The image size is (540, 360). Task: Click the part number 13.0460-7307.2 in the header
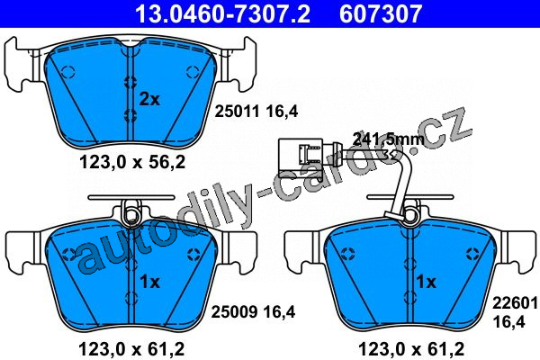pos(222,13)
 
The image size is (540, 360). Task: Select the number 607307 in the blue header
pos(381,13)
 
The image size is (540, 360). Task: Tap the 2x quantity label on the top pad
pos(149,100)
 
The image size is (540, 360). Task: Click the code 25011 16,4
pos(256,112)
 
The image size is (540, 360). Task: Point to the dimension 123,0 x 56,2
pos(132,162)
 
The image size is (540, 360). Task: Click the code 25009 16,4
pos(253,312)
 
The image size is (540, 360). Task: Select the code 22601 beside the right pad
pos(515,303)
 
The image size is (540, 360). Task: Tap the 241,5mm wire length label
pos(389,139)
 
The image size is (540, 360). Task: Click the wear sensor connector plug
pos(301,157)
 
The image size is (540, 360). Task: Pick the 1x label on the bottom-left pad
pos(149,282)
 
